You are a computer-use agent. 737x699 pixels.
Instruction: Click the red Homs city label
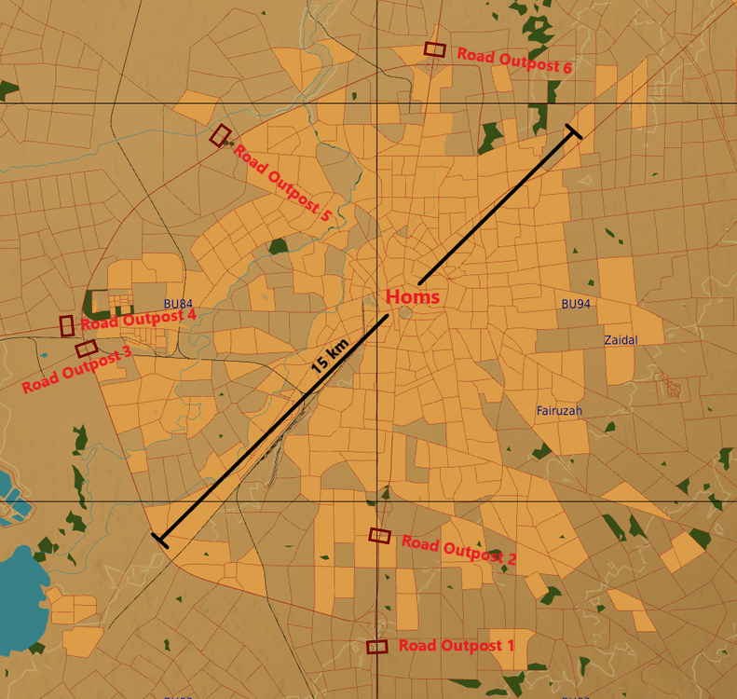(413, 296)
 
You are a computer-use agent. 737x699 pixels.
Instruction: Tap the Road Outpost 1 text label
(457, 645)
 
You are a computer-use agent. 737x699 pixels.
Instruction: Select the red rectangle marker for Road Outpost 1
(377, 646)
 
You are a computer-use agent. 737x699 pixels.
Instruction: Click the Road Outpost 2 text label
(458, 550)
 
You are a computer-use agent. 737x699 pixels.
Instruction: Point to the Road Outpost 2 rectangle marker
(379, 535)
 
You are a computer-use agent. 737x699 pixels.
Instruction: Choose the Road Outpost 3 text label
(76, 370)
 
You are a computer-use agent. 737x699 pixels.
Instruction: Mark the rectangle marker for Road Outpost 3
(87, 348)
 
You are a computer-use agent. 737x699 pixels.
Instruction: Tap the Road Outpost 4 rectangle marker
(67, 325)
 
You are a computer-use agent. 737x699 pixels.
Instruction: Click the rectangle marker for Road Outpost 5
(221, 135)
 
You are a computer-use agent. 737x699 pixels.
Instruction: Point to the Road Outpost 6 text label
(513, 61)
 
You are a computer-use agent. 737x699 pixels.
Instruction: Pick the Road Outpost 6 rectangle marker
(435, 49)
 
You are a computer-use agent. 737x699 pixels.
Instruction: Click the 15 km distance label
(331, 356)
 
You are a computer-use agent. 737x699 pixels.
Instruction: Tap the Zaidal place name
(621, 340)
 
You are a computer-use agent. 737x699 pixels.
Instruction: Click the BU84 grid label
(178, 304)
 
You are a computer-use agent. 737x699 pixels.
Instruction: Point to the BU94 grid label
(576, 304)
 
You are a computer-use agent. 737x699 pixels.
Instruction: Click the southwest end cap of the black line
(159, 539)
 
